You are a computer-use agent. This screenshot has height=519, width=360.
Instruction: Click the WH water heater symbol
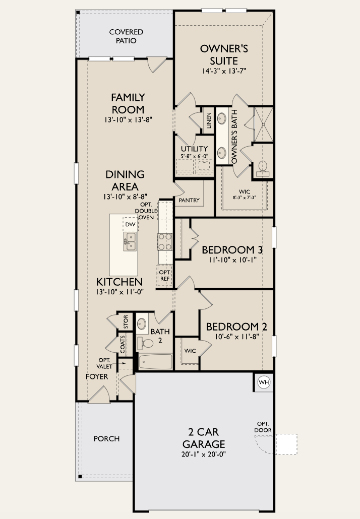[x=264, y=382]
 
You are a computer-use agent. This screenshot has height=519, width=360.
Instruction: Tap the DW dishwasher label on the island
[x=130, y=224]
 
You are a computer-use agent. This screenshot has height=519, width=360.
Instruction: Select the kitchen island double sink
[x=130, y=241]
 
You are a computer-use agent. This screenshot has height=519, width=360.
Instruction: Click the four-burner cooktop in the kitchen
[x=165, y=241]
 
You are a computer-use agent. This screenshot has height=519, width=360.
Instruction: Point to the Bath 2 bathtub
[x=155, y=362]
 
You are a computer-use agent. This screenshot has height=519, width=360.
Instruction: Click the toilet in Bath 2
[x=146, y=344]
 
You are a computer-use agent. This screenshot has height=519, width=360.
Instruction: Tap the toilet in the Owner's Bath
[x=262, y=167]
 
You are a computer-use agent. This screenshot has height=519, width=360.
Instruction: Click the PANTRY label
[x=189, y=200]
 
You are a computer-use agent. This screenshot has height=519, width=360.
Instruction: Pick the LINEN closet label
[x=208, y=121]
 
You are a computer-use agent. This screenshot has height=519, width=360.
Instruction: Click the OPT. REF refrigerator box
[x=164, y=275]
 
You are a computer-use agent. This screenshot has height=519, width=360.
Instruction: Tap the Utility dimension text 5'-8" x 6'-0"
[x=194, y=157]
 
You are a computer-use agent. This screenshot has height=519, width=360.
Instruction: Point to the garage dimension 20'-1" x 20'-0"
[x=204, y=455]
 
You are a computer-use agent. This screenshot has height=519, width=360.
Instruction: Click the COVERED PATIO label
[x=126, y=36]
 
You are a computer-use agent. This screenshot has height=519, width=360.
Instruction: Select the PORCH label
[x=107, y=438]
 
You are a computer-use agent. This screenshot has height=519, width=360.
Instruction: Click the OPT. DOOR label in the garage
[x=263, y=427]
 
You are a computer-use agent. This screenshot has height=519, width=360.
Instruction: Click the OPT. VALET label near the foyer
[x=104, y=363]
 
